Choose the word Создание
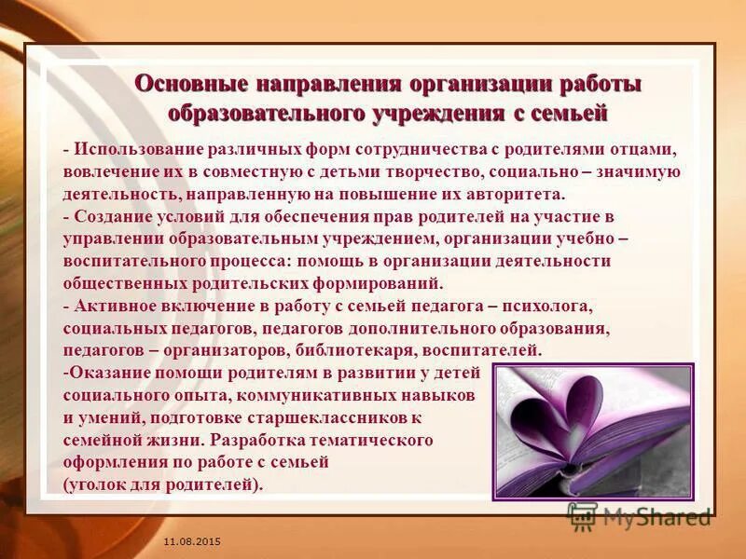pos(111,217)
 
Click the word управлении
pos(111,239)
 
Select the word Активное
pos(113,306)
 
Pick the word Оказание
pos(106,373)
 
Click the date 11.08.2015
pos(191,541)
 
